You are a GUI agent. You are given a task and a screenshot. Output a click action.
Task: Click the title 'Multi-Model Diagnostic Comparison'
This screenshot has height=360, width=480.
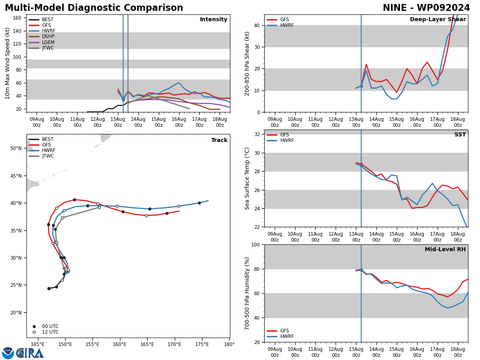pyautogui.click(x=94, y=8)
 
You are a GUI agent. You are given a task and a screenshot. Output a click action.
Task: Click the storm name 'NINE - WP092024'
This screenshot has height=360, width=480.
pyautogui.click(x=426, y=8)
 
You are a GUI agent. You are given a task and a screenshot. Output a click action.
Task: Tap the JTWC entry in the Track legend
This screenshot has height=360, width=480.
pyautogui.click(x=48, y=156)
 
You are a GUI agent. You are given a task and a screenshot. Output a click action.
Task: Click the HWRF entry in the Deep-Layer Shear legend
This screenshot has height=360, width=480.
pyautogui.click(x=286, y=26)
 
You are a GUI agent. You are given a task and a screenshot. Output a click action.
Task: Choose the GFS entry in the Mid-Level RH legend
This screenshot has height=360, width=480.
pyautogui.click(x=284, y=331)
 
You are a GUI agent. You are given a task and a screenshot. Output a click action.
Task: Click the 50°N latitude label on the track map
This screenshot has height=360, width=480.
pyautogui.click(x=16, y=148)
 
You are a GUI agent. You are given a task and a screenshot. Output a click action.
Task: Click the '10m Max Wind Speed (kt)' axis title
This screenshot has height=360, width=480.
pyautogui.click(x=8, y=63)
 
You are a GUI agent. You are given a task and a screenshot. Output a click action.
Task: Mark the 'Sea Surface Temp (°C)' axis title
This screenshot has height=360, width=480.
pyautogui.click(x=247, y=178)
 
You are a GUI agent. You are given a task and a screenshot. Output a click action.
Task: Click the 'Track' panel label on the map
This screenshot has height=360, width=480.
pyautogui.click(x=219, y=140)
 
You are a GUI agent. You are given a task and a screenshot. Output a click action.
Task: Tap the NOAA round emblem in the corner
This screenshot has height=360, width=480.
pyautogui.click(x=8, y=353)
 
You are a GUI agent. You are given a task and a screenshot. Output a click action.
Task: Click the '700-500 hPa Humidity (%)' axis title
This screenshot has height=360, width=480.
pyautogui.click(x=247, y=293)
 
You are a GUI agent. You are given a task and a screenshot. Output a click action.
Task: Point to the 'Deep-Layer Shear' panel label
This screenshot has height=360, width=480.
pyautogui.click(x=438, y=20)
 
